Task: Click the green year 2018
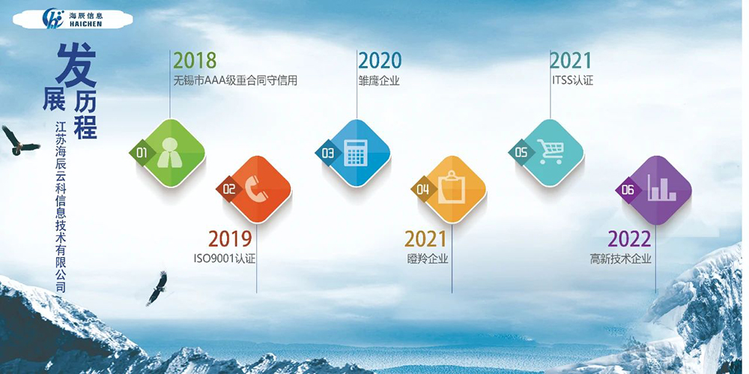point(194,60)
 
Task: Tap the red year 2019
point(230,239)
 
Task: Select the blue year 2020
point(379,60)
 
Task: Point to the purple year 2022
point(629,239)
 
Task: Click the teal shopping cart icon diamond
point(552,152)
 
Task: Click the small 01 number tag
point(140,152)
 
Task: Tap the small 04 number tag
point(422,190)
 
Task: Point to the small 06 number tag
point(627,190)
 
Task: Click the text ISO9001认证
point(230,259)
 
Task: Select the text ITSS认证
point(571,80)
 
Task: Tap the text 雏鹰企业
point(379,80)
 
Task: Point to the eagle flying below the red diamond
point(157,287)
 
